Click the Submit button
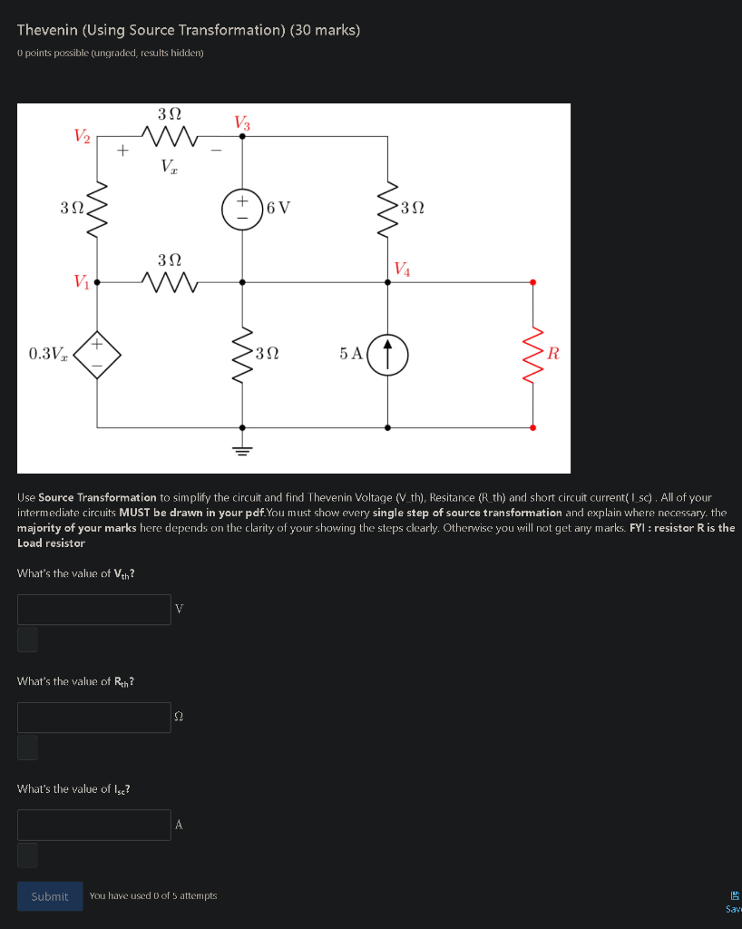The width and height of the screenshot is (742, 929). click(50, 896)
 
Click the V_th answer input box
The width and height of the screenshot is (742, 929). click(93, 610)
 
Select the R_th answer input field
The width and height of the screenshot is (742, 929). click(93, 718)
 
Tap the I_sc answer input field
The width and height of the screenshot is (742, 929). click(93, 825)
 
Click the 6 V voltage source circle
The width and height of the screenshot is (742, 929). click(243, 208)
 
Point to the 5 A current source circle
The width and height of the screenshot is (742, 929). click(388, 354)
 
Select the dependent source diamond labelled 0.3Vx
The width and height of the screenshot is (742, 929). click(98, 354)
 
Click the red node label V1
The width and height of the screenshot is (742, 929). click(83, 282)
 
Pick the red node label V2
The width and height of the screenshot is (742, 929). click(83, 136)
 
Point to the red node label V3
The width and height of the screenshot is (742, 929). click(242, 122)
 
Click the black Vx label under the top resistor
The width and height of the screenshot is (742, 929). click(170, 166)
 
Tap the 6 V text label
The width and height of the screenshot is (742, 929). click(278, 208)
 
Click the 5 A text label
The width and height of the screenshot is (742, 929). click(351, 354)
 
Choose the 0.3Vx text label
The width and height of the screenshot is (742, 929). click(47, 353)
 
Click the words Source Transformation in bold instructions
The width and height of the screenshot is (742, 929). click(97, 498)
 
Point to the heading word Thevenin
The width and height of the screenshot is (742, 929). click(52, 30)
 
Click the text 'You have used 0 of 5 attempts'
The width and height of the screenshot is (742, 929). click(153, 896)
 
